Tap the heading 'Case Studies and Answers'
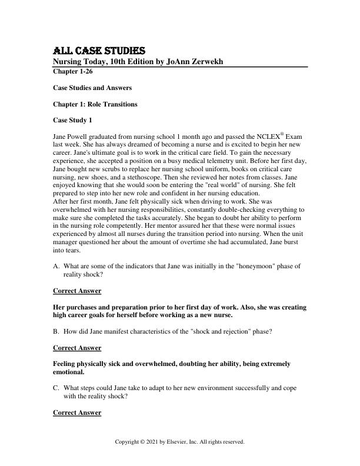(92, 88)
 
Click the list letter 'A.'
(56, 266)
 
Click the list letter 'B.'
(56, 332)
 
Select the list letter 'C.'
(56, 380)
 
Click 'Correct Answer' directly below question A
(77, 291)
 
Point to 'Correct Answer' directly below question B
(77, 348)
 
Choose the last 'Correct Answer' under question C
(77, 412)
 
